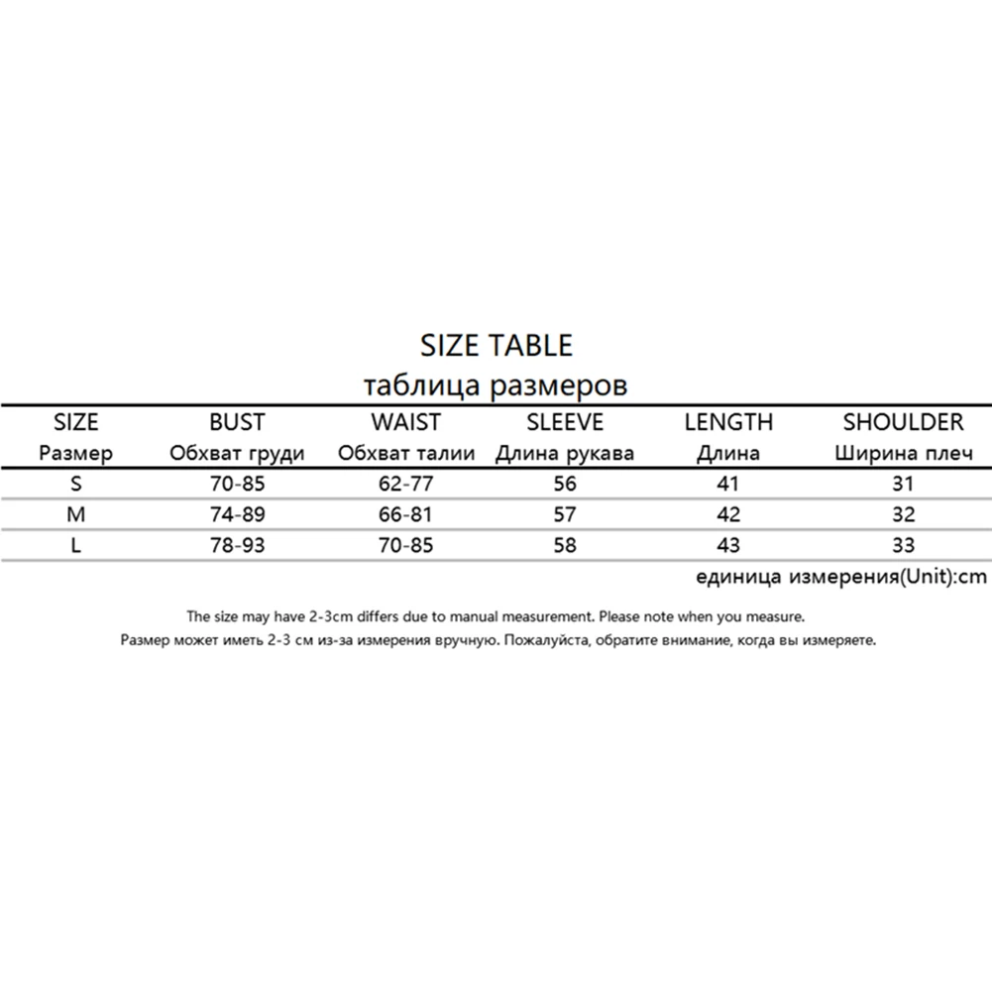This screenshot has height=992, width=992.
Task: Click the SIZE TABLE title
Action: pyautogui.click(x=496, y=345)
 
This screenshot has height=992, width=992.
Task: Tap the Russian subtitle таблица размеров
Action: pyautogui.click(x=496, y=384)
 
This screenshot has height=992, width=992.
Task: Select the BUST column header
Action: pyautogui.click(x=237, y=422)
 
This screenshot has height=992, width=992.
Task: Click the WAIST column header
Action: pyautogui.click(x=405, y=422)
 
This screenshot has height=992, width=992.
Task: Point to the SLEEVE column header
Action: pyautogui.click(x=565, y=422)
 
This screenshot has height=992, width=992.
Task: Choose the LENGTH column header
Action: pyautogui.click(x=728, y=422)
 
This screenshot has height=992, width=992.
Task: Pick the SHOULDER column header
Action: pyautogui.click(x=903, y=422)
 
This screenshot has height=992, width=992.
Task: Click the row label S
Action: pyautogui.click(x=76, y=485)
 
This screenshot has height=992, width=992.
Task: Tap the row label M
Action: pyautogui.click(x=76, y=514)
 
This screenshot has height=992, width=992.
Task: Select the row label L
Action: pyautogui.click(x=76, y=545)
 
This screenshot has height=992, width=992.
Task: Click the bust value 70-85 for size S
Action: pyautogui.click(x=237, y=485)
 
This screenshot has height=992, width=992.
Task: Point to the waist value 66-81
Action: pyautogui.click(x=405, y=514)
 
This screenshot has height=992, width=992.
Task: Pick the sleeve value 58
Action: pyautogui.click(x=565, y=545)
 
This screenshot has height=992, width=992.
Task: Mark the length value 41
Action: pyautogui.click(x=728, y=485)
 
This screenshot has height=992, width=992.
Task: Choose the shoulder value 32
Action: pyautogui.click(x=903, y=514)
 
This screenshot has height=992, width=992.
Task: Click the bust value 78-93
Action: pyautogui.click(x=237, y=545)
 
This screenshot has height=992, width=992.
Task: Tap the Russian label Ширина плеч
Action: pyautogui.click(x=903, y=454)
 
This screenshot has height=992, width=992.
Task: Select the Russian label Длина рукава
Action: pyautogui.click(x=565, y=454)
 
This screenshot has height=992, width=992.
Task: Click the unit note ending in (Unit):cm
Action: pyautogui.click(x=841, y=577)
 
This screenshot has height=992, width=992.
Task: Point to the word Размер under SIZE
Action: pyautogui.click(x=76, y=454)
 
